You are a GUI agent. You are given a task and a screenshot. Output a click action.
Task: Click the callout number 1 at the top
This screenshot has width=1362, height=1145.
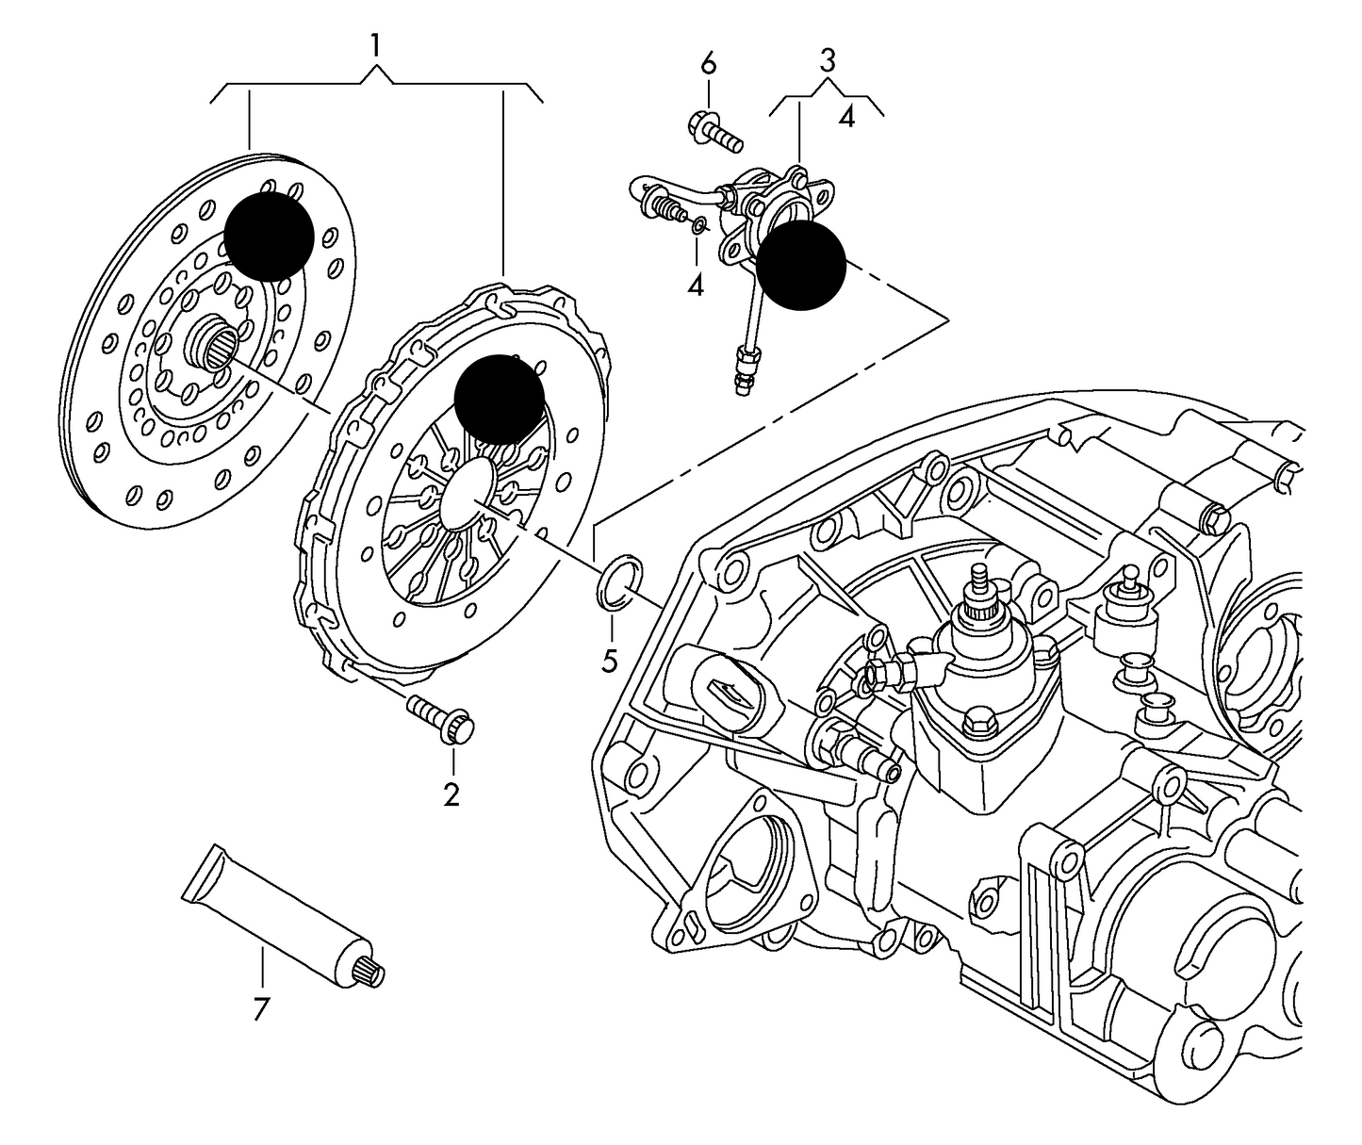tap(376, 45)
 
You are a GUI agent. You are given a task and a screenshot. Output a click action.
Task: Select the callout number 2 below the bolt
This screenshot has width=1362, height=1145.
tap(451, 794)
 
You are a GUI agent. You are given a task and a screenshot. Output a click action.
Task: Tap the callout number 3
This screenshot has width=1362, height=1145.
tap(827, 61)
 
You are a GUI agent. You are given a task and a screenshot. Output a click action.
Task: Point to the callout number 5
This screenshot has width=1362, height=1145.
tap(610, 662)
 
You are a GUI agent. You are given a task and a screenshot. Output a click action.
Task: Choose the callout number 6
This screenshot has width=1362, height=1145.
tap(708, 64)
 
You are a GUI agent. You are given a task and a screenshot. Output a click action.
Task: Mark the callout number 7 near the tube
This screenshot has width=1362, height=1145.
tap(261, 1009)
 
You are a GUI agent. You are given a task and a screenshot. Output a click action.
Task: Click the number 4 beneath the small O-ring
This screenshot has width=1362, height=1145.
tap(696, 285)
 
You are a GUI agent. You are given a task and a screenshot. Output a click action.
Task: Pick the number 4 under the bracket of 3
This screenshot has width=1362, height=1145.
tap(846, 119)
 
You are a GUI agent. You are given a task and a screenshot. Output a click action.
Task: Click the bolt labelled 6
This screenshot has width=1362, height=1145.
tap(715, 132)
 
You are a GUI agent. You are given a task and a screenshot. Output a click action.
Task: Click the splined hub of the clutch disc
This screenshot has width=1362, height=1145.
tap(213, 343)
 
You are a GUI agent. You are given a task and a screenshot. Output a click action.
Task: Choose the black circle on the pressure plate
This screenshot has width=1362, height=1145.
tap(500, 400)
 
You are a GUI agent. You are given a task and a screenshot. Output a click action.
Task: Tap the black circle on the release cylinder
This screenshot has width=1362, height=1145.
tap(801, 265)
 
